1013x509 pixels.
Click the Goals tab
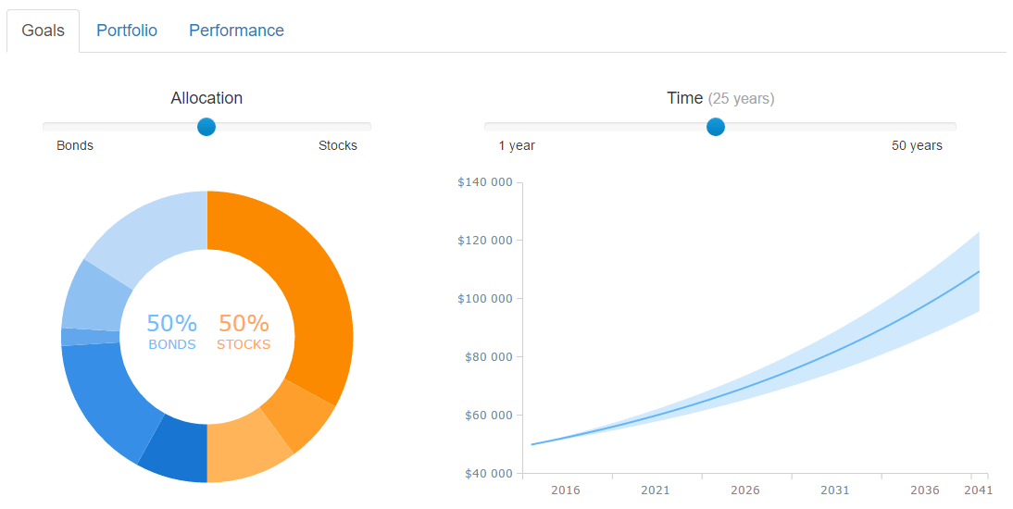[x=44, y=31]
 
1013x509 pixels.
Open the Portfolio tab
[x=127, y=31]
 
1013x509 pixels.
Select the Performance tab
[x=236, y=31]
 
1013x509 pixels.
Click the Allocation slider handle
[x=206, y=127]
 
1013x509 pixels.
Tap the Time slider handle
[x=715, y=127]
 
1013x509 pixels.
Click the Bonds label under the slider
[x=75, y=145]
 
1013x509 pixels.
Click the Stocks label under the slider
[x=338, y=145]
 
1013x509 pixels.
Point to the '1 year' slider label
[x=517, y=145]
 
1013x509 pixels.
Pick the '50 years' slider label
[x=917, y=145]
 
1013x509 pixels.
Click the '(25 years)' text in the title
[x=741, y=98]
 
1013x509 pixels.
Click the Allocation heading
[x=206, y=98]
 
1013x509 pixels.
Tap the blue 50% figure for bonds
[x=171, y=324]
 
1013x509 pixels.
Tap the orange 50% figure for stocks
[x=244, y=324]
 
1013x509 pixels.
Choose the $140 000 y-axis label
[x=484, y=182]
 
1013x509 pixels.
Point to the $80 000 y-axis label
[x=487, y=357]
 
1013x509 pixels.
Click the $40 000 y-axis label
[x=487, y=474]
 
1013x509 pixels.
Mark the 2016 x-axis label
[x=566, y=490]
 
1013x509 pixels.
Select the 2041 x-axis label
[x=978, y=490]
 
